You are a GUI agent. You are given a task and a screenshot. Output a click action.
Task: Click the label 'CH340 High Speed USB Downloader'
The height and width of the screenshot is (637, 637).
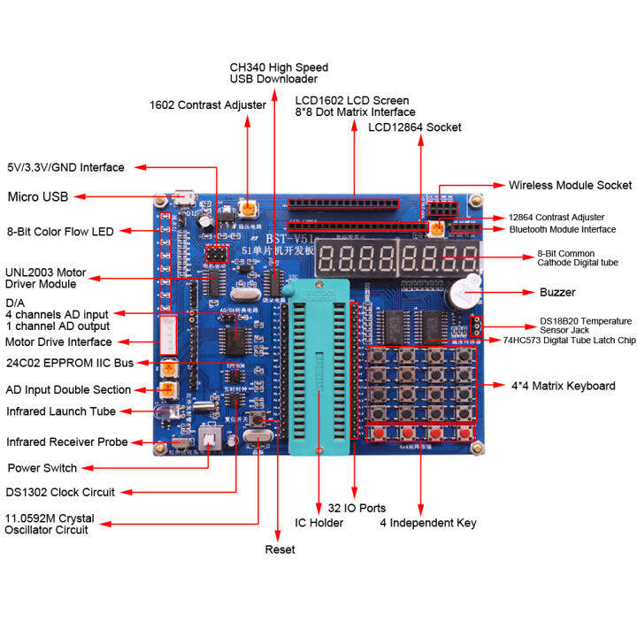click(279, 73)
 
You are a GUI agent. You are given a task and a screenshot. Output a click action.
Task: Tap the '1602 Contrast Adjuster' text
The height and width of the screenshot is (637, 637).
click(207, 105)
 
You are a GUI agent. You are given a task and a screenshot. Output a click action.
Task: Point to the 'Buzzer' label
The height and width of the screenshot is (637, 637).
click(557, 292)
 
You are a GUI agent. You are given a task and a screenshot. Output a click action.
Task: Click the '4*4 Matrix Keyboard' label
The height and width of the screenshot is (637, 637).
click(563, 386)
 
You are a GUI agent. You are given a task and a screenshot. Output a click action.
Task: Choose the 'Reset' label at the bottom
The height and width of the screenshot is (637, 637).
click(280, 549)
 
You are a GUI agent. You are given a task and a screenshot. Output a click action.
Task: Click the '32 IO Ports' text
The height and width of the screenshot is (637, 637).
click(356, 508)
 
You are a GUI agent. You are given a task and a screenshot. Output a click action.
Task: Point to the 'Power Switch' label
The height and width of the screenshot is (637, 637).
click(42, 468)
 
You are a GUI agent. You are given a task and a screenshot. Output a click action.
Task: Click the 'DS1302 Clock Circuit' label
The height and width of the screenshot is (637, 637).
click(59, 492)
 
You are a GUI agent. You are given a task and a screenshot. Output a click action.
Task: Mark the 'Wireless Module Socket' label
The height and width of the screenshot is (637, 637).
click(570, 185)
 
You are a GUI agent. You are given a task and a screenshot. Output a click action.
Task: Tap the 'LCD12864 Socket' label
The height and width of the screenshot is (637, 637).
click(414, 127)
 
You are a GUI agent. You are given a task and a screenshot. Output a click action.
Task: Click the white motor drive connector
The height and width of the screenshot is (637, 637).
click(169, 336)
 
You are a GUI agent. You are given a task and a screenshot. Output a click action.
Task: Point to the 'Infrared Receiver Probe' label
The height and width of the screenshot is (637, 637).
click(67, 441)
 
